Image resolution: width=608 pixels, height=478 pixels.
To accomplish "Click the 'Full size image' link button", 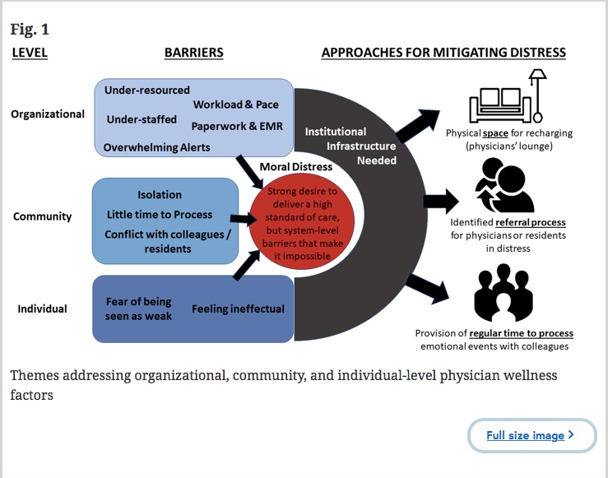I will tap(531, 435).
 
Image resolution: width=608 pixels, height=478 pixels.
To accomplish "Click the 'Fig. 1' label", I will tap(30, 30).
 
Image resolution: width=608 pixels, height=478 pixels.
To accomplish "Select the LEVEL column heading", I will tap(30, 53).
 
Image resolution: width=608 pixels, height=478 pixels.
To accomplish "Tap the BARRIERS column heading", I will tap(193, 53).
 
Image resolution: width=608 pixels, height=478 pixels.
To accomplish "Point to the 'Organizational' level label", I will tap(48, 114).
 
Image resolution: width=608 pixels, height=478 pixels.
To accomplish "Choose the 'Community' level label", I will tap(43, 216).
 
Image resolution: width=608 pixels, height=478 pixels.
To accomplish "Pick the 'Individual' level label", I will tap(42, 309).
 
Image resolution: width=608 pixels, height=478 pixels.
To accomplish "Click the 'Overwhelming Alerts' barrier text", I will tap(156, 148).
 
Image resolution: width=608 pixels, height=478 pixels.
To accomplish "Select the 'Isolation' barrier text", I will tap(160, 195).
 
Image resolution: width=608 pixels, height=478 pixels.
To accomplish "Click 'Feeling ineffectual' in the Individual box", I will tap(238, 309).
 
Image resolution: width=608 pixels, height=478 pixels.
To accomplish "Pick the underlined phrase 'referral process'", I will tap(531, 222).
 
